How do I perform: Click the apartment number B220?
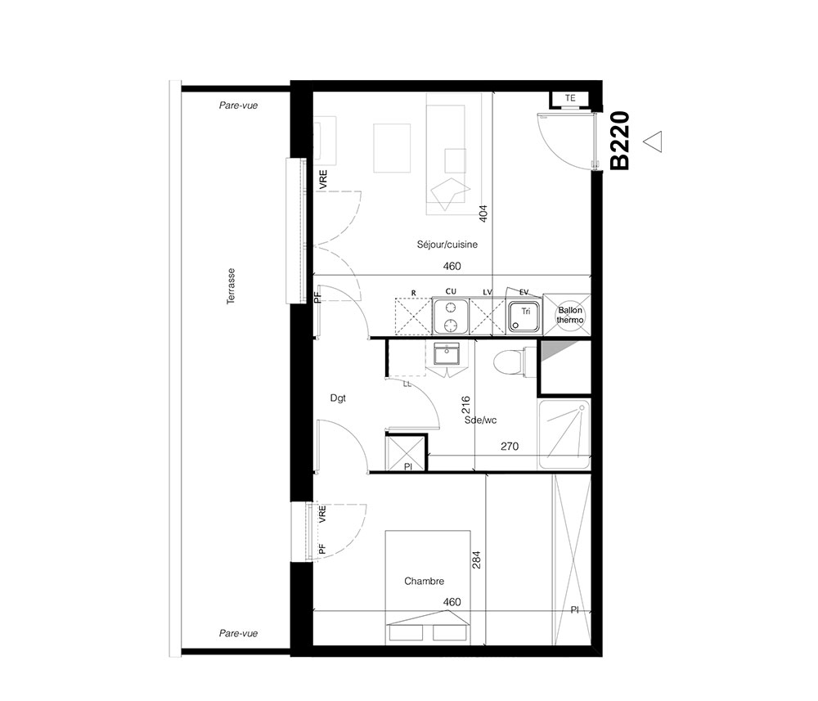(620, 141)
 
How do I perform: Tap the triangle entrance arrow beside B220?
(653, 142)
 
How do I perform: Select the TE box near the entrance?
(570, 98)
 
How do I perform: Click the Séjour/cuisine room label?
(447, 244)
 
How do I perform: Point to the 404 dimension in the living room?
(483, 213)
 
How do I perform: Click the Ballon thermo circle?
(569, 315)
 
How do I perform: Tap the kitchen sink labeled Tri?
(525, 317)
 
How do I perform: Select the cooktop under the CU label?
(450, 316)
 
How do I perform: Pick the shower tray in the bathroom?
(564, 434)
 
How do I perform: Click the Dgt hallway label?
(338, 398)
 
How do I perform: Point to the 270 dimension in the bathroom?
(510, 446)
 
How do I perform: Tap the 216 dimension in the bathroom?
(466, 405)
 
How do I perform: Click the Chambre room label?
(424, 581)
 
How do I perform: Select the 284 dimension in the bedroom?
(476, 559)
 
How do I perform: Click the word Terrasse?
(231, 286)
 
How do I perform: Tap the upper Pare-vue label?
(238, 106)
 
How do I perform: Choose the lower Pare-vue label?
(238, 633)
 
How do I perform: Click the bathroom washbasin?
(447, 354)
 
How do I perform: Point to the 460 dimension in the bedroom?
(452, 602)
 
